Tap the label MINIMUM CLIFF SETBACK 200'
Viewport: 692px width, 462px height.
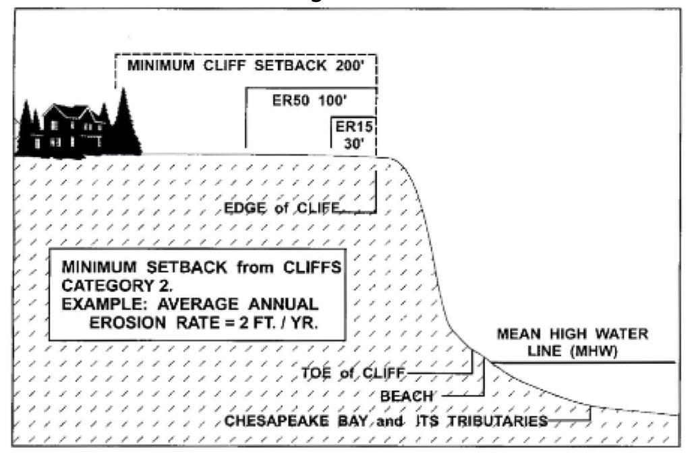coord(246,67)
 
